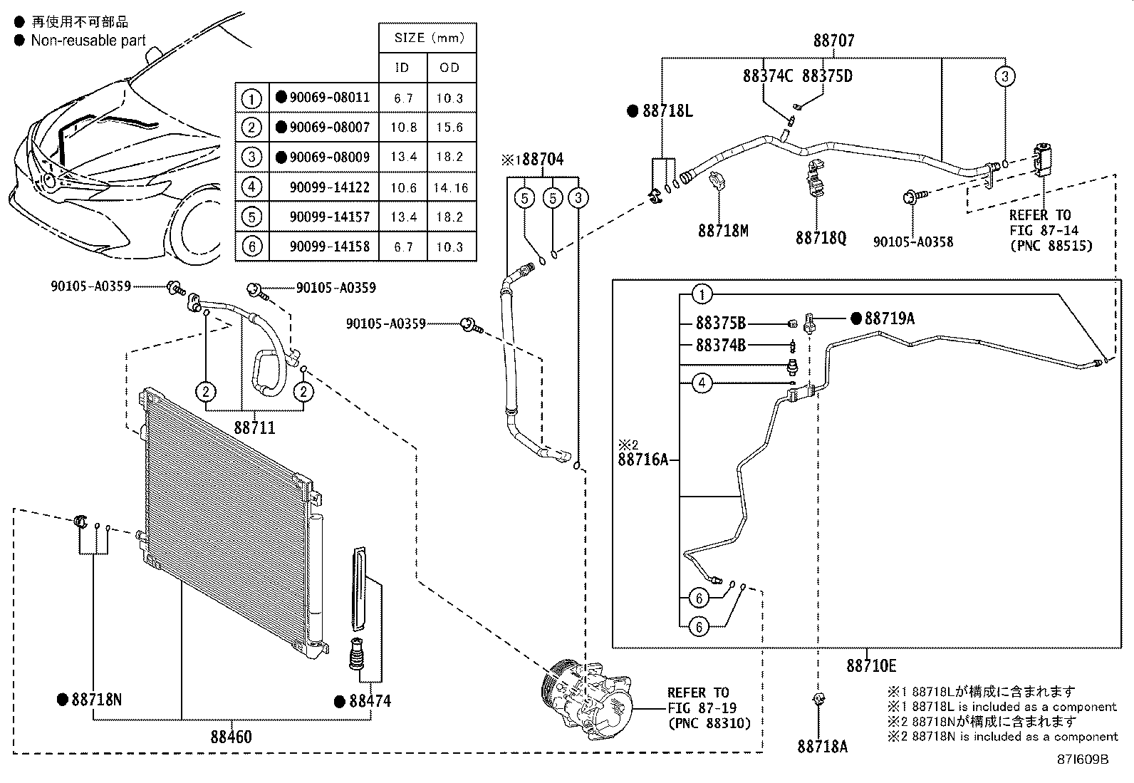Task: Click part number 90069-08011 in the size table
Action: [x=330, y=97]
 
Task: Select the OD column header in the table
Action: [x=449, y=68]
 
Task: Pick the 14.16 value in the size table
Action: [x=451, y=188]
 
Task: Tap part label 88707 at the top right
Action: [x=834, y=41]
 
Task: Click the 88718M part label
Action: [x=723, y=231]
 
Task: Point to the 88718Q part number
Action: [x=821, y=237]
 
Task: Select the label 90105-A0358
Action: [x=912, y=242]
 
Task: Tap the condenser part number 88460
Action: [x=231, y=737]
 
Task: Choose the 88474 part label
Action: [x=370, y=701]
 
